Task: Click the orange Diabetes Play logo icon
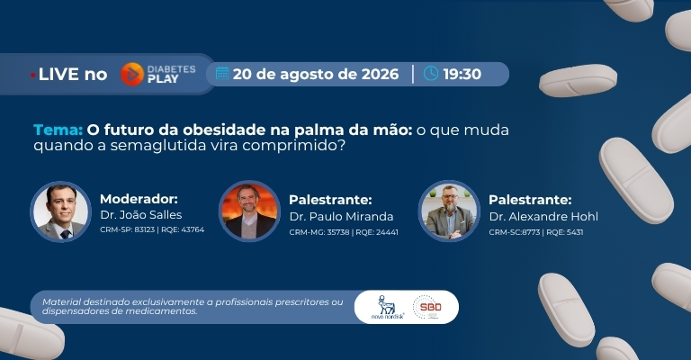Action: coord(132,74)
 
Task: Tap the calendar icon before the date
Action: coord(222,74)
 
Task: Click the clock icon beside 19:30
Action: coord(431,74)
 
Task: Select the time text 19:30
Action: coord(462,74)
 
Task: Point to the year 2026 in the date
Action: coord(380,74)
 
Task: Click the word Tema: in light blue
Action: coord(58,130)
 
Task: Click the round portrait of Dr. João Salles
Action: coord(61,211)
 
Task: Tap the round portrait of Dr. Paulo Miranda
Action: coord(249,211)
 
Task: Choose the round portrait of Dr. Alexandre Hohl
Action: coord(449,211)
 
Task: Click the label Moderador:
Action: coord(139,199)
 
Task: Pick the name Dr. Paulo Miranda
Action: coord(342,217)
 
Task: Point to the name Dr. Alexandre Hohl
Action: coord(543,217)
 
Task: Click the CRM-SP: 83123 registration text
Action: coord(128,229)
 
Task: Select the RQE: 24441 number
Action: coord(377,232)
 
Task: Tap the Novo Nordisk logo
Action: coord(387,307)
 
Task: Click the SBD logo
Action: coord(426,307)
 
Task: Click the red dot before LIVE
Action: coord(33,76)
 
